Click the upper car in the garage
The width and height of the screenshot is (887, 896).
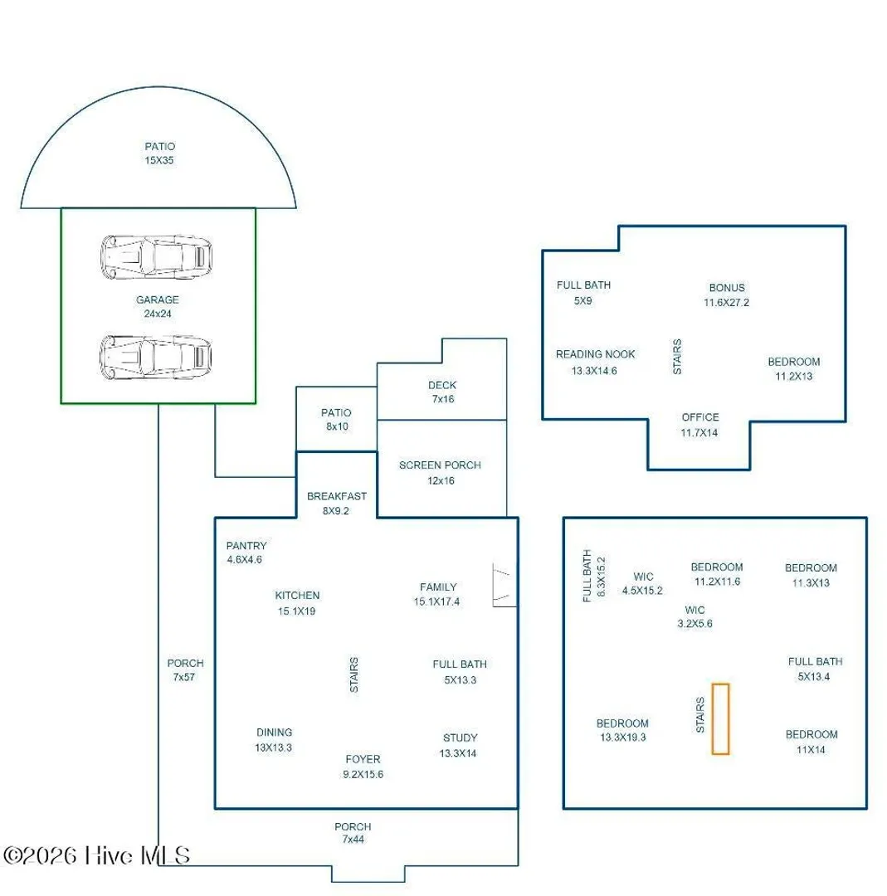tap(156, 257)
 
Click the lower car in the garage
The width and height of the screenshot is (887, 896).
tap(156, 357)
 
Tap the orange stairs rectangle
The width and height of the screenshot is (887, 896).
tap(720, 718)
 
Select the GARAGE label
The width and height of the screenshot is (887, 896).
tap(157, 299)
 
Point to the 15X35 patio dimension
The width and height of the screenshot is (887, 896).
tap(158, 161)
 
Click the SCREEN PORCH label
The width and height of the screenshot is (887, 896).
tap(440, 465)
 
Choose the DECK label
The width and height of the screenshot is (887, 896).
tap(442, 385)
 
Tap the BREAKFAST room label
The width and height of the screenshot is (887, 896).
tap(337, 496)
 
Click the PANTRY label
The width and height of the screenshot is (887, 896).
tap(246, 546)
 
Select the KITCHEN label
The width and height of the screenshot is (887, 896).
tap(297, 596)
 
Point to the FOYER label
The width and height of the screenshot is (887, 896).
tap(363, 759)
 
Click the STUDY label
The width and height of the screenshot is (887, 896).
tap(460, 738)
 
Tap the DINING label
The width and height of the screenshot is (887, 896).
tap(275, 733)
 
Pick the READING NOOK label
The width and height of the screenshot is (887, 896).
tap(596, 354)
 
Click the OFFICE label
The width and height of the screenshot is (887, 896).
tap(700, 417)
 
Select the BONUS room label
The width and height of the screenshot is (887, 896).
tap(727, 287)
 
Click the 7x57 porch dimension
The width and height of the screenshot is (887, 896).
tap(184, 677)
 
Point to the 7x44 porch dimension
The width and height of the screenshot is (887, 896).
tap(353, 840)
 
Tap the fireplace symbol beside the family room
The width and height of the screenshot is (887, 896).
tap(504, 585)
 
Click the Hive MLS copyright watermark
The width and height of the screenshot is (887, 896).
tap(96, 855)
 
